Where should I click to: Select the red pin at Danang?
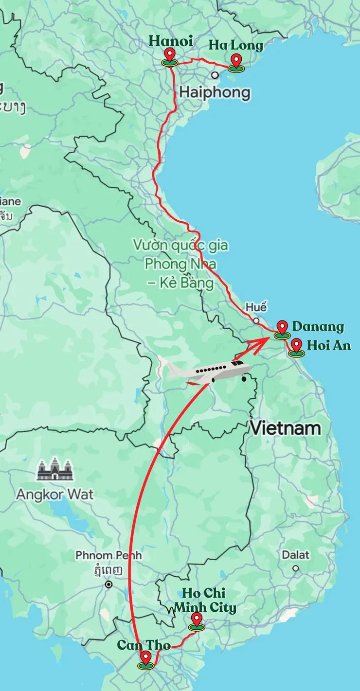pyautogui.click(x=282, y=328)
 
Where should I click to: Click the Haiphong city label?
pyautogui.click(x=215, y=92)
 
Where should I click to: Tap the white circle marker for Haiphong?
pyautogui.click(x=215, y=75)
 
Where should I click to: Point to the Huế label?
pyautogui.click(x=256, y=308)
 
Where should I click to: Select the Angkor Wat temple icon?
pyautogui.click(x=54, y=470)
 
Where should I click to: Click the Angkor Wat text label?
pyautogui.click(x=55, y=495)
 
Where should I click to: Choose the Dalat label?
pyautogui.click(x=295, y=555)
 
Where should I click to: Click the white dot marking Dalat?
pyautogui.click(x=295, y=568)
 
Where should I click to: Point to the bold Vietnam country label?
pyautogui.click(x=286, y=428)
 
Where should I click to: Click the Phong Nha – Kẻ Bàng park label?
pyautogui.click(x=180, y=265)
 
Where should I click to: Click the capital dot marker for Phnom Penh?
pyautogui.click(x=108, y=585)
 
